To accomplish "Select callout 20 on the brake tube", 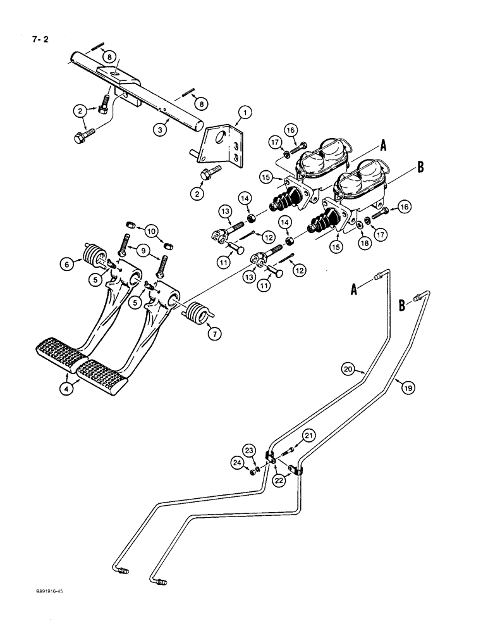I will [347, 368].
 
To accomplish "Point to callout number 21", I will [308, 435].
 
